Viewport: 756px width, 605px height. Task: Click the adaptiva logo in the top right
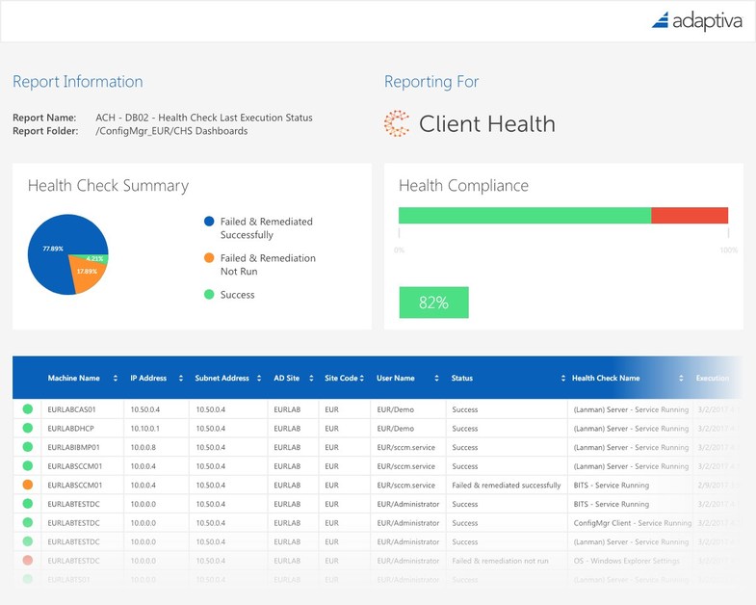696,20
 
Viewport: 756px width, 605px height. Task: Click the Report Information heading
77,82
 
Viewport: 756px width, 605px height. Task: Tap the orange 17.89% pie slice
86,275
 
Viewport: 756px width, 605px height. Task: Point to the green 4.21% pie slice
96,258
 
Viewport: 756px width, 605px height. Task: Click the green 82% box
433,302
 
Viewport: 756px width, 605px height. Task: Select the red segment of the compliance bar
690,215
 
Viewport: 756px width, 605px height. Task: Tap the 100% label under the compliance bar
728,250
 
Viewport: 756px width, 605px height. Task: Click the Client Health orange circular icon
396,123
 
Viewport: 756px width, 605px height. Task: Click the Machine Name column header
74,379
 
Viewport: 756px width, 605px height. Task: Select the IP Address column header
148,379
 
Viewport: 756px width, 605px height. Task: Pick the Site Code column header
342,379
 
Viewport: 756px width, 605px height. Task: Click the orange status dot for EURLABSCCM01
27,486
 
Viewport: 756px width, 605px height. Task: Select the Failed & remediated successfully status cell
506,486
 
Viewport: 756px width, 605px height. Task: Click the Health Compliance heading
463,186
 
